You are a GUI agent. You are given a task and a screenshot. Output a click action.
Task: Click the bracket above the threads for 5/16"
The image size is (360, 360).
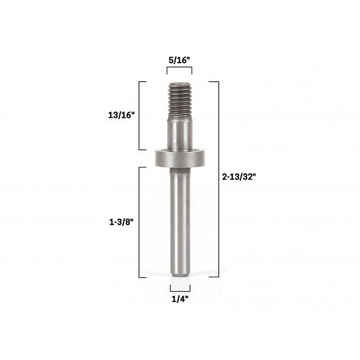[x=180, y=69]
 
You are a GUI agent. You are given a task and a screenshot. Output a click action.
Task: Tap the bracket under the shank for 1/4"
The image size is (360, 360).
[x=180, y=285]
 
